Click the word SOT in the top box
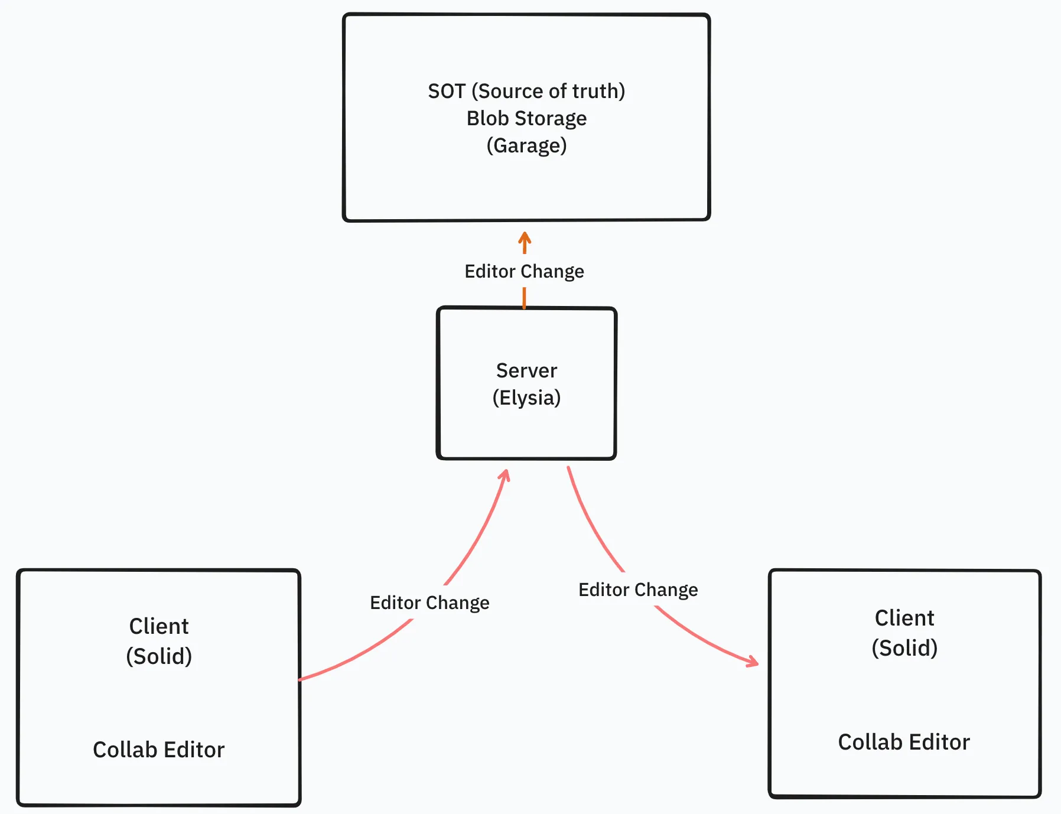(x=447, y=92)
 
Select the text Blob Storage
(x=526, y=119)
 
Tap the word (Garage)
(x=526, y=145)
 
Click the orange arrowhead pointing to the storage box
(x=525, y=238)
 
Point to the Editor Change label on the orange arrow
(x=524, y=271)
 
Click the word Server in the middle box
(x=526, y=370)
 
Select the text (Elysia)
(x=526, y=398)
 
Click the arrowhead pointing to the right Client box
(x=753, y=662)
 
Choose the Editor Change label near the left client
(x=429, y=603)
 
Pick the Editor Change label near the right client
(x=638, y=590)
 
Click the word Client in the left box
(x=159, y=626)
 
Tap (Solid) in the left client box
(x=159, y=656)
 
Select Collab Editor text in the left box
(x=159, y=750)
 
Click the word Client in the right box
(x=904, y=618)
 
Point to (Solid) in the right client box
(x=904, y=648)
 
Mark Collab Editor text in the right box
(x=904, y=742)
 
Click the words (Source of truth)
(x=548, y=92)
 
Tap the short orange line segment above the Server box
(x=524, y=298)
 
